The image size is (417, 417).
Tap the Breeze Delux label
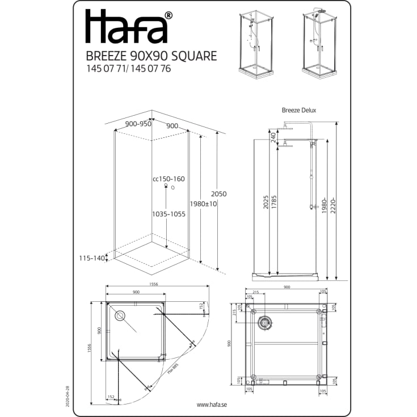coord(299,111)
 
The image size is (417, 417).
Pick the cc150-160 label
coord(169,179)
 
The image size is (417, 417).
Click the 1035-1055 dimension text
coord(169,214)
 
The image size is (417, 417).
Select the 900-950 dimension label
coord(138,124)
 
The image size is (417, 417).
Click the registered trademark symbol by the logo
coord(168,15)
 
